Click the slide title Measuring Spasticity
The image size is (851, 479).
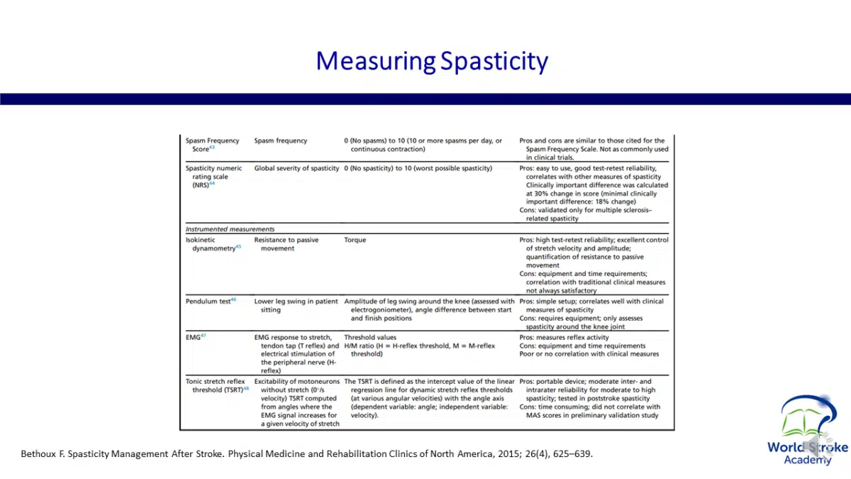click(x=431, y=61)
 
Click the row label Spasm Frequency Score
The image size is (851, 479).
click(x=212, y=145)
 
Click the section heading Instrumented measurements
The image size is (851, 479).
click(x=230, y=229)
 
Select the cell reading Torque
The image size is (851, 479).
click(x=355, y=240)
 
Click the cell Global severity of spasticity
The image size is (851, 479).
click(x=296, y=168)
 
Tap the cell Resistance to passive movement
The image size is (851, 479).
click(x=287, y=244)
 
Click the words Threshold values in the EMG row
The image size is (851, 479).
click(x=370, y=338)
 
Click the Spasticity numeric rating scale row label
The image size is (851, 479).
click(x=213, y=176)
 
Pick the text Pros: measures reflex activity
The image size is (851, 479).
click(x=564, y=338)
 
